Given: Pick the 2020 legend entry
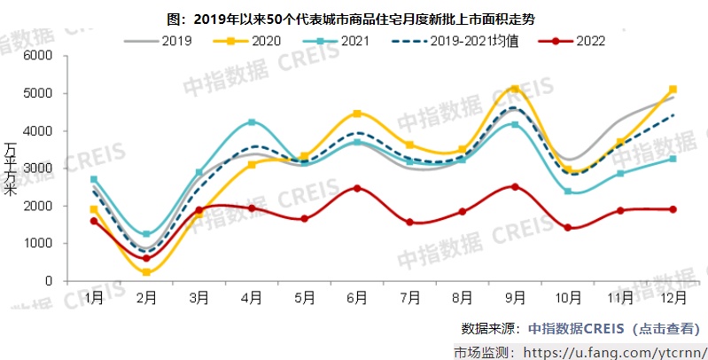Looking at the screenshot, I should [252, 41].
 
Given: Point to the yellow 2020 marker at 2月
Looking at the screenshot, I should [146, 272].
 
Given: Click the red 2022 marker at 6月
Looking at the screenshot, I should [357, 188].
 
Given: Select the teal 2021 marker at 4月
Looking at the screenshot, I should [252, 122].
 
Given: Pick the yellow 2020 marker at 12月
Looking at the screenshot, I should [673, 90].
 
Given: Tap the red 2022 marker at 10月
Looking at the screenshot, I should [567, 228].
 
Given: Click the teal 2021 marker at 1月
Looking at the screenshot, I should [94, 179].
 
